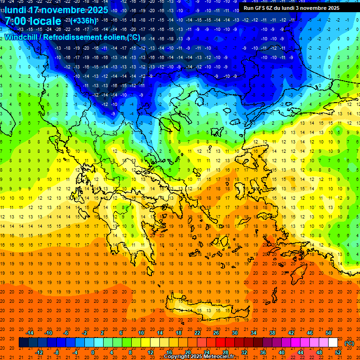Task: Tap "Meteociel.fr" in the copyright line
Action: [x=218, y=357]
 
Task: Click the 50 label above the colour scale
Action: [x=329, y=332]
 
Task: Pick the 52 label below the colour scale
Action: [x=338, y=352]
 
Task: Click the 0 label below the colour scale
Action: [x=92, y=352]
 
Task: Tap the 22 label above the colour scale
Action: [x=197, y=332]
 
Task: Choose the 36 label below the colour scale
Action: [x=263, y=352]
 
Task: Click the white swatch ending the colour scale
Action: [x=333, y=342]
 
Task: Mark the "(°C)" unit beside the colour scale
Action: [x=349, y=343]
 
